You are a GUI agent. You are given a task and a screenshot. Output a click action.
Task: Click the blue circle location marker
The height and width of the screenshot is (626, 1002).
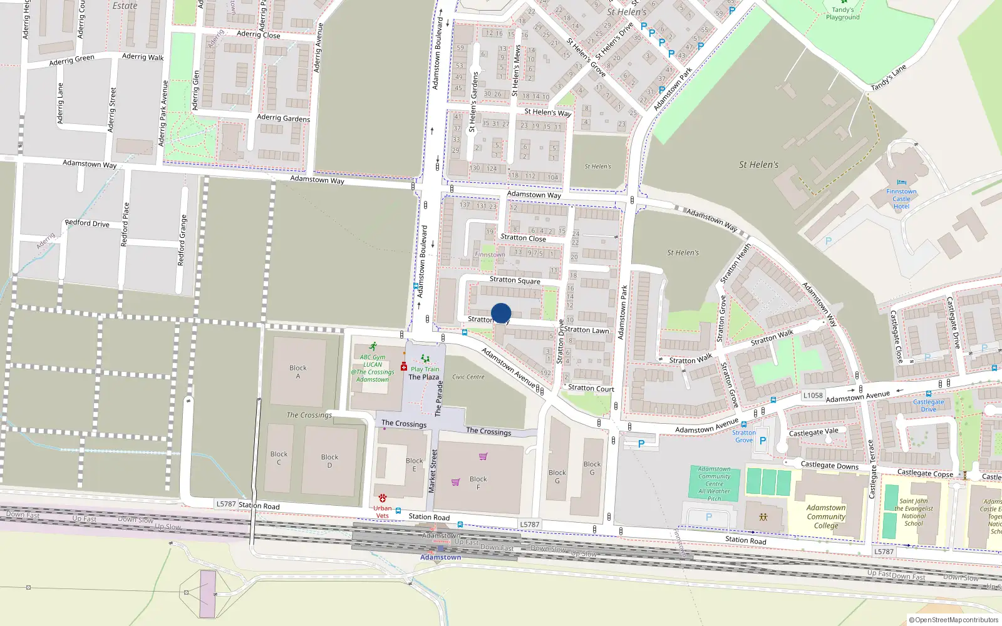click(x=501, y=313)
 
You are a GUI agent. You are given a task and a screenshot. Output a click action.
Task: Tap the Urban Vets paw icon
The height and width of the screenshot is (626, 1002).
click(x=382, y=498)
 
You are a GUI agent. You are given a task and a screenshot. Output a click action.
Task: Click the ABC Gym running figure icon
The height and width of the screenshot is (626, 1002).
click(x=373, y=347)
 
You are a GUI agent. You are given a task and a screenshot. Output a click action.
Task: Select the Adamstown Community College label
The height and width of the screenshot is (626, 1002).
click(x=826, y=516)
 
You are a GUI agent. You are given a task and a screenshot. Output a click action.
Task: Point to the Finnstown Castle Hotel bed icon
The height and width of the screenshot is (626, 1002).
click(x=901, y=183)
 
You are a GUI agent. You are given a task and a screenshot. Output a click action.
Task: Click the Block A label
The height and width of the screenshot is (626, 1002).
click(x=298, y=372)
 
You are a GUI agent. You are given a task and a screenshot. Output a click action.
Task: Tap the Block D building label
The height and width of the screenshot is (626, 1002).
click(x=329, y=461)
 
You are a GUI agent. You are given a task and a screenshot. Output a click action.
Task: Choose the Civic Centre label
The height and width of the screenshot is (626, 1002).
click(x=468, y=377)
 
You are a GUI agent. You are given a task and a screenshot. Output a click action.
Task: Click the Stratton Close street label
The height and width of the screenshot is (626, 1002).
click(x=523, y=238)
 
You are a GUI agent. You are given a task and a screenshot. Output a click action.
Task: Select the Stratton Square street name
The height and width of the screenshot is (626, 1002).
click(x=515, y=280)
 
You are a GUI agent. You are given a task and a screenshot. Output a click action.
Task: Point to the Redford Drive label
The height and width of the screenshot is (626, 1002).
click(x=87, y=223)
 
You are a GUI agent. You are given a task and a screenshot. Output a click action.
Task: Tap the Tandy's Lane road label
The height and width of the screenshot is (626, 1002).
click(x=888, y=78)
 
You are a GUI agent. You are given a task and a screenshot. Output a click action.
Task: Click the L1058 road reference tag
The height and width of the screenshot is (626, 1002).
click(x=813, y=396)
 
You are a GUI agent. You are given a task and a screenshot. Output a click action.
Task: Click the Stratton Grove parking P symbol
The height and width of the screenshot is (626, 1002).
click(x=763, y=441)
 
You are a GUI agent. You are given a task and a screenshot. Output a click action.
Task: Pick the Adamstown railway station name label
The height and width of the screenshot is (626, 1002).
click(x=440, y=557)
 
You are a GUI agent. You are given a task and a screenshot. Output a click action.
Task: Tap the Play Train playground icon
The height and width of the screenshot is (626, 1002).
click(x=425, y=359)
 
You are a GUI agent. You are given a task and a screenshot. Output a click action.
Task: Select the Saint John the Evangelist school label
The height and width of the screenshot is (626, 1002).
click(x=914, y=513)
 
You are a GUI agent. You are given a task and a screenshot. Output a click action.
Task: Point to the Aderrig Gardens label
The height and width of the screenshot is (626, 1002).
click(x=283, y=118)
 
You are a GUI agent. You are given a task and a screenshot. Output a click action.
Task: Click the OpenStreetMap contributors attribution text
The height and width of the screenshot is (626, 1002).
click(x=954, y=620)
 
